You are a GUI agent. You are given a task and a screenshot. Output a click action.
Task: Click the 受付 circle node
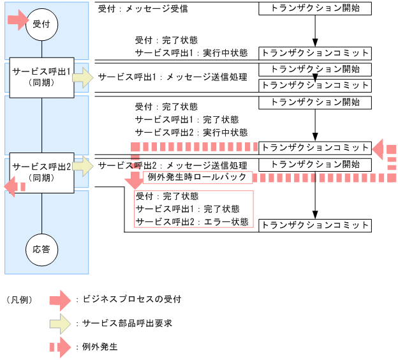tap(41, 24)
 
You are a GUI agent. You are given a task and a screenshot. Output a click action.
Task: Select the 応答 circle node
tap(41, 249)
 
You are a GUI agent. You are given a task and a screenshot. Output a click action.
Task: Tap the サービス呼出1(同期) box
tap(41, 77)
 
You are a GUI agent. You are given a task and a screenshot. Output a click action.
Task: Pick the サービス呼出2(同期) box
tap(41, 171)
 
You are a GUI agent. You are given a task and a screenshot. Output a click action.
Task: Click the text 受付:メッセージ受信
tap(143, 10)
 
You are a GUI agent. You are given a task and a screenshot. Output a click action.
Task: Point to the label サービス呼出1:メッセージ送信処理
tap(172, 77)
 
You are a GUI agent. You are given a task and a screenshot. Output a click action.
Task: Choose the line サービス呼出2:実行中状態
tap(191, 132)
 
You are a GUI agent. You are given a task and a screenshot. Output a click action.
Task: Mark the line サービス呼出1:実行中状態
tap(191, 52)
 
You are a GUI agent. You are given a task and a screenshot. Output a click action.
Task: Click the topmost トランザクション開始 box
tap(315, 9)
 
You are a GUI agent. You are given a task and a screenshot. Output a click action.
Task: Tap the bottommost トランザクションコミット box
tap(315, 225)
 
